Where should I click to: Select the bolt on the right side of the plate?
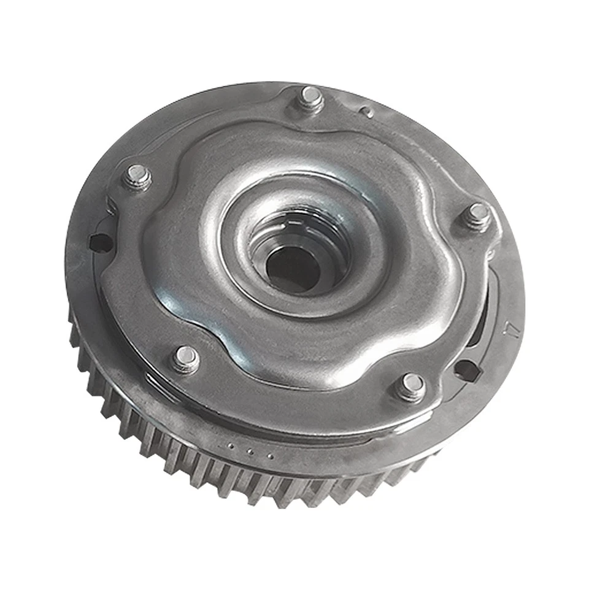pyautogui.click(x=477, y=216)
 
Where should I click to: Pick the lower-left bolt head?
pyautogui.click(x=185, y=358)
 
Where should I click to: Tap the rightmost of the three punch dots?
pyautogui.click(x=269, y=455)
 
